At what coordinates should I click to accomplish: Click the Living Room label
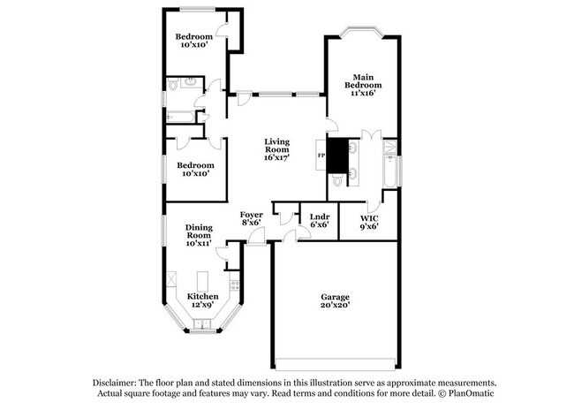coord(277,146)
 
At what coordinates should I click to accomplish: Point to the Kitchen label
coord(202,296)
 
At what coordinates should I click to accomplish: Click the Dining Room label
coord(198,232)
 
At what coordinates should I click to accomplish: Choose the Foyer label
coord(251,215)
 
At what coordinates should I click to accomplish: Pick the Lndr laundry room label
coord(319,215)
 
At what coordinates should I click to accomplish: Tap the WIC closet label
coord(370,216)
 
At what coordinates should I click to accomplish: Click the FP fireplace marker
coord(321,156)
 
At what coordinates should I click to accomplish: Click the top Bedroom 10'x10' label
coord(193,38)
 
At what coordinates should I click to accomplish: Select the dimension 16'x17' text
coord(277,157)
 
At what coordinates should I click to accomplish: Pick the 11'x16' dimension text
coord(364,93)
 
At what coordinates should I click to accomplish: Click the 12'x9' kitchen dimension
coord(202,305)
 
